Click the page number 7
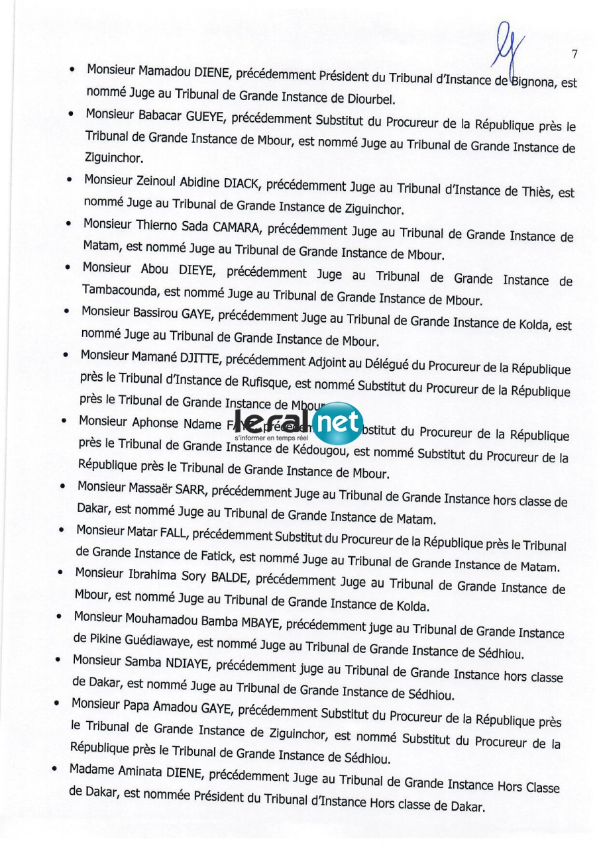pos(574,55)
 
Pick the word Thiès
pos(537,192)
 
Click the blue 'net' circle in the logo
pos(338,422)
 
